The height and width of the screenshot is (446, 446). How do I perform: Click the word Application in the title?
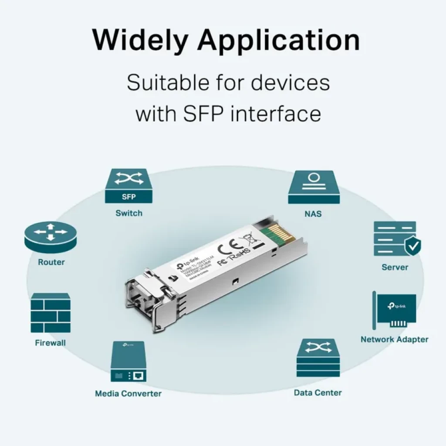(279, 41)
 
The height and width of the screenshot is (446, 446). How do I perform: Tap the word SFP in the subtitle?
(201, 114)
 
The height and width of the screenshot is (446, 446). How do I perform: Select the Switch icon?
(128, 186)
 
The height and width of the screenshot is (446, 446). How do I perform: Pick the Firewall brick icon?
(51, 313)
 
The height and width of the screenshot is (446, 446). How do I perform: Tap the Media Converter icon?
(128, 362)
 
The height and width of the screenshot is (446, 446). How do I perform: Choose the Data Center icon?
(318, 358)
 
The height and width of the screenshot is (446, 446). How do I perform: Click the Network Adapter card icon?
(395, 310)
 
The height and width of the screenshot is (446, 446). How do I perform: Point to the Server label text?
(395, 267)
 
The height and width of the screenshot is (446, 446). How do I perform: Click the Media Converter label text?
(128, 394)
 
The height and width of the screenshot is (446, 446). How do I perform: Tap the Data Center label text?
(318, 393)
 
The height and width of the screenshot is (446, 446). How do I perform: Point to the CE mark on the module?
(227, 248)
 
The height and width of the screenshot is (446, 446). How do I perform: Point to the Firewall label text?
(51, 343)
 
